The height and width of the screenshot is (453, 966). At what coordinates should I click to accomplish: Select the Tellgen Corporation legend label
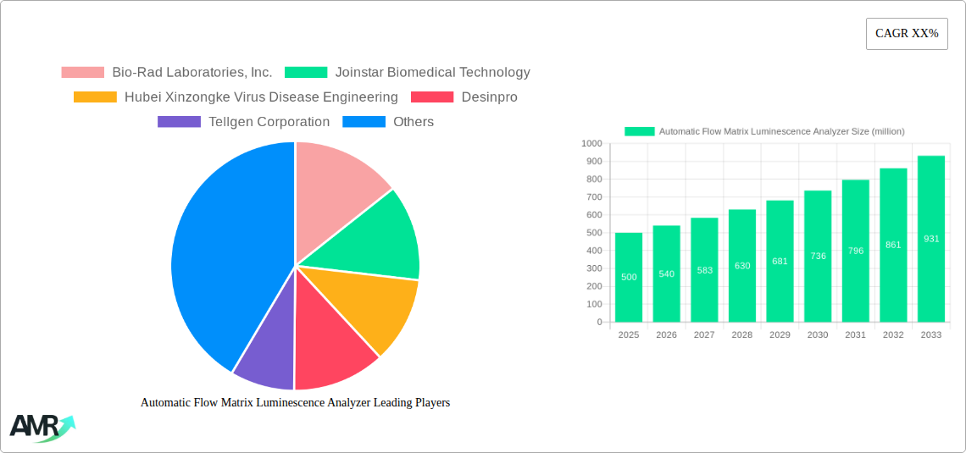click(x=244, y=122)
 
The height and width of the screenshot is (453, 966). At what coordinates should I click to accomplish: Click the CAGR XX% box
click(x=907, y=34)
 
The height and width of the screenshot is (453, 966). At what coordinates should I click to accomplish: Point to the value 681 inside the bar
click(x=780, y=261)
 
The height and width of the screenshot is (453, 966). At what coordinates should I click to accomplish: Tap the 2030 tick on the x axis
click(x=818, y=335)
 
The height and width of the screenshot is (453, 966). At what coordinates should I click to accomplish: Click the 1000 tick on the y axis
click(x=591, y=144)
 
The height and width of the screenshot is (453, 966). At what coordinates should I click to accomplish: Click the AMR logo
click(x=41, y=427)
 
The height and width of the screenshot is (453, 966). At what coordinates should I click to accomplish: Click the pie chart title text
click(x=295, y=403)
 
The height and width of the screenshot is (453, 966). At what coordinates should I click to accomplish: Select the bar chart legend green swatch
click(x=640, y=131)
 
